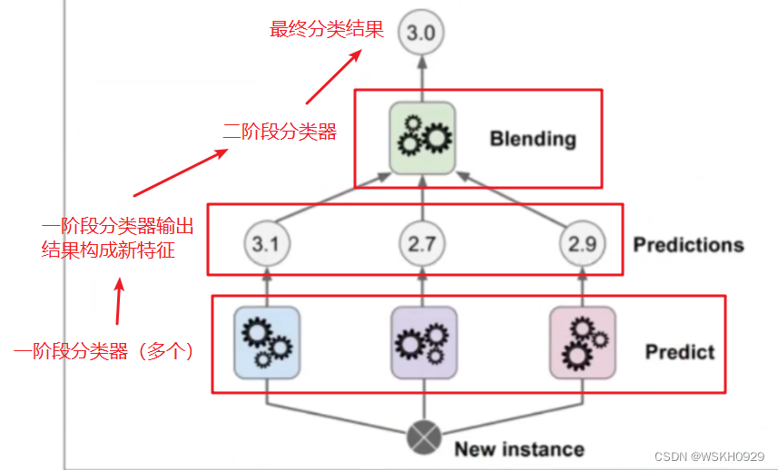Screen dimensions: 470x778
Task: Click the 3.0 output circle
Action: click(421, 34)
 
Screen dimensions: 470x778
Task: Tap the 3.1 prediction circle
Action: click(267, 243)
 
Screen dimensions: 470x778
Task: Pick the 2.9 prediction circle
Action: click(581, 243)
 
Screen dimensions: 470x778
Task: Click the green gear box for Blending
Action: click(422, 139)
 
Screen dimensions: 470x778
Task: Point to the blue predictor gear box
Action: click(267, 342)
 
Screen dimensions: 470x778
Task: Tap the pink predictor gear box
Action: click(582, 342)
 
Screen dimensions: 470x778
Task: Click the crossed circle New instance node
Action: click(422, 438)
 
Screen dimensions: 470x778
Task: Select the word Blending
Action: click(533, 139)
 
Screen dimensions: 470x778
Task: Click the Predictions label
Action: click(688, 244)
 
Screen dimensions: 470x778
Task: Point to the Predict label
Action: click(680, 351)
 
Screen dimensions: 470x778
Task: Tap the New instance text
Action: click(519, 448)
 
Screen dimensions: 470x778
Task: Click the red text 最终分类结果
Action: click(327, 29)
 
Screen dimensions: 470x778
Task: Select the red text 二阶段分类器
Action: click(280, 132)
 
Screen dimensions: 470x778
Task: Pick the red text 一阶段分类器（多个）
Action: click(105, 351)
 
